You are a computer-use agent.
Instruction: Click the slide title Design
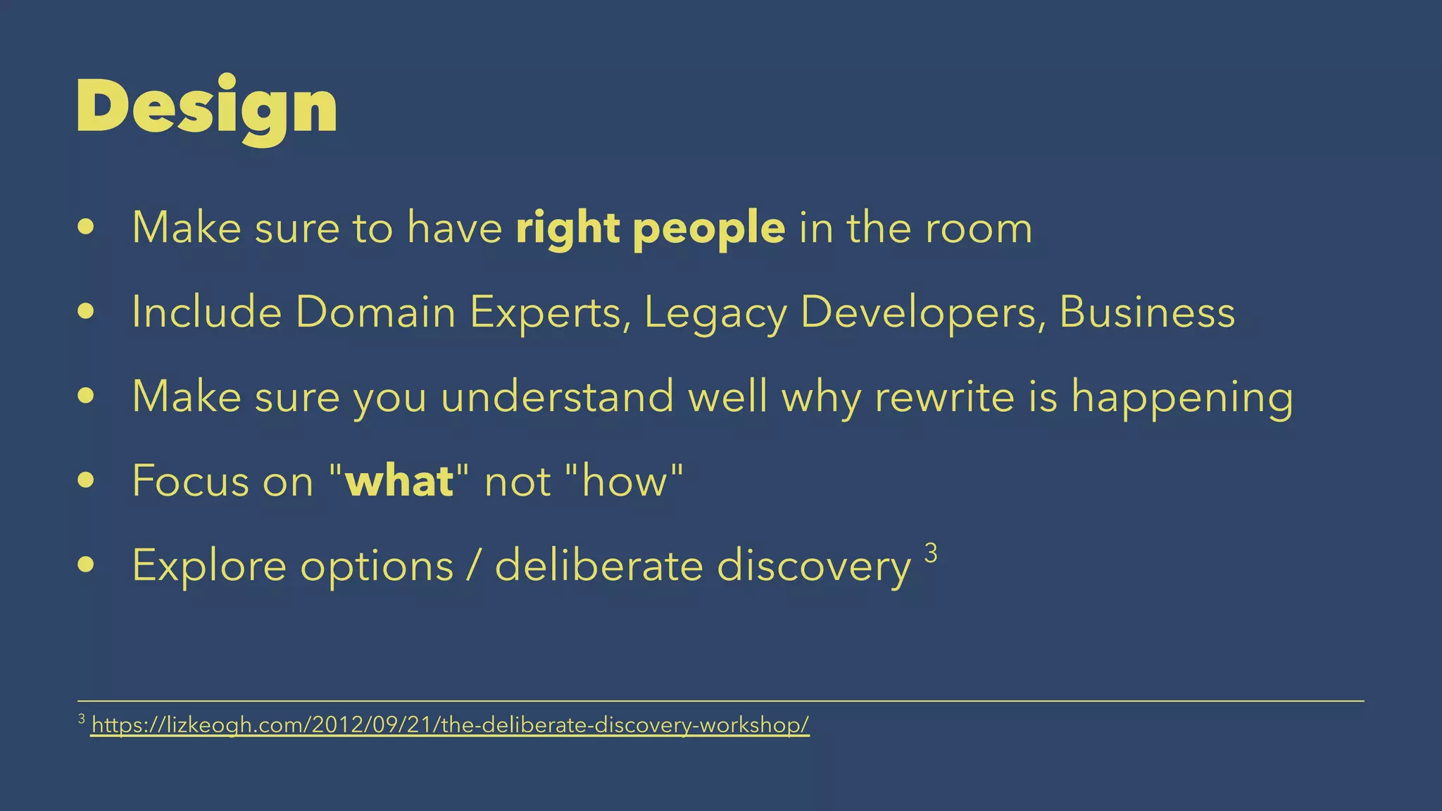(207, 107)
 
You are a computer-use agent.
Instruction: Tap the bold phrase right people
(650, 228)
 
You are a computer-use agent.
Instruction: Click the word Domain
(375, 312)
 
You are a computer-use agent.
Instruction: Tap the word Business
(1147, 312)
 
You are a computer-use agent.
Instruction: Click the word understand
(557, 396)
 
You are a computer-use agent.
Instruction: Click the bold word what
(399, 482)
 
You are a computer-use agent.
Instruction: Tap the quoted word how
(623, 482)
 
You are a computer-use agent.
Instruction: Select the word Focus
(191, 482)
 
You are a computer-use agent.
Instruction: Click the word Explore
(209, 566)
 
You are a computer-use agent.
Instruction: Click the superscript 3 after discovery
(930, 553)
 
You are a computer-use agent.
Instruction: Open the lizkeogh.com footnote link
(451, 724)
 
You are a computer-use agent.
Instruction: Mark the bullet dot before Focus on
(86, 481)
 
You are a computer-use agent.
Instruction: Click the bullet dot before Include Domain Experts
(86, 312)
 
